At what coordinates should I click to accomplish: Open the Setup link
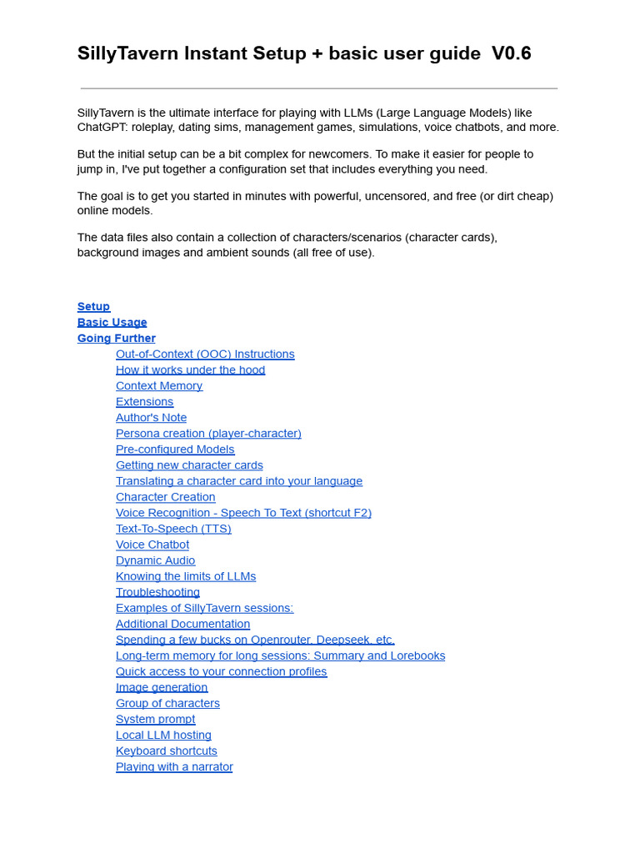click(93, 307)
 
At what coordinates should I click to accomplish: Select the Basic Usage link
click(112, 323)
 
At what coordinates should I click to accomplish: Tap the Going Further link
click(116, 339)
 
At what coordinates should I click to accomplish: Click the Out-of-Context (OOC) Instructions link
click(205, 354)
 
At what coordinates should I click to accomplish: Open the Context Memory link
click(159, 386)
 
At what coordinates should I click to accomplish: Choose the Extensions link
click(145, 402)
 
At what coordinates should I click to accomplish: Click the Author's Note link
click(151, 418)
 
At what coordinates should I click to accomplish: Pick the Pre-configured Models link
click(175, 450)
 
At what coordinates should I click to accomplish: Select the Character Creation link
click(165, 497)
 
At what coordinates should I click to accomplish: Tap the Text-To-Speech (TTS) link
click(173, 529)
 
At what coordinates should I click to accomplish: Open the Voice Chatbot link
click(152, 545)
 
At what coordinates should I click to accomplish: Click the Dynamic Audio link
click(155, 560)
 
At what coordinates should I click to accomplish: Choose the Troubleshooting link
click(157, 592)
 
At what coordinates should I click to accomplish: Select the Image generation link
click(162, 687)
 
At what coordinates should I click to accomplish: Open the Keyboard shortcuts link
click(167, 751)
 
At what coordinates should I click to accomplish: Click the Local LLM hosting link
click(163, 735)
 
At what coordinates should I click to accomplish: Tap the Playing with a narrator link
click(174, 766)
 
